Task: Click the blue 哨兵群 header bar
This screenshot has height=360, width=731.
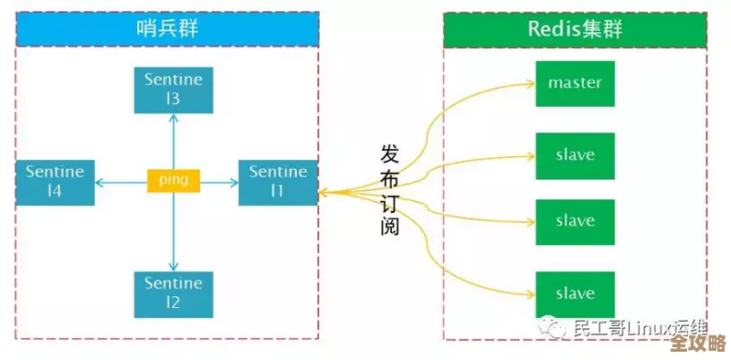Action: coord(167,29)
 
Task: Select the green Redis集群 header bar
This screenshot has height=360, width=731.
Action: coord(575,29)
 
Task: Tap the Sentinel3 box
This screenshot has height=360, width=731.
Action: coord(174,89)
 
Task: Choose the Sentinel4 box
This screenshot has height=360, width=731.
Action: coord(55,181)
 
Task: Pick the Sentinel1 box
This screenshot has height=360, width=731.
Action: coord(278,181)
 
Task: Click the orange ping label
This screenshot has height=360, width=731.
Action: coord(174,180)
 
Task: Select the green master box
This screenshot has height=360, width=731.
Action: coord(575,83)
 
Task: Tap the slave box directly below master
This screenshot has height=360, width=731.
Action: coord(575,155)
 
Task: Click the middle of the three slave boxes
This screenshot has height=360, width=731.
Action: coord(575,221)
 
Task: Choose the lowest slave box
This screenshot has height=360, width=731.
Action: coord(575,293)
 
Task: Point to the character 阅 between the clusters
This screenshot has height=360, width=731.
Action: coord(390,225)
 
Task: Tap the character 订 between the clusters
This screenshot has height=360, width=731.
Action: coord(390,201)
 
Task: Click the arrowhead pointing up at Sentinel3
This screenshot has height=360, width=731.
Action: coord(174,120)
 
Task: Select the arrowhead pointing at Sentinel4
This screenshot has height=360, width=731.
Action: coord(99,181)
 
